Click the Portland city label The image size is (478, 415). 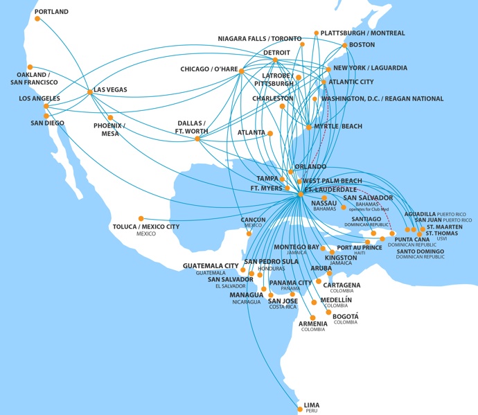coord(51,12)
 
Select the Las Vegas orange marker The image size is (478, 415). coord(89,91)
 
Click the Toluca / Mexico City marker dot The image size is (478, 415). coord(141,218)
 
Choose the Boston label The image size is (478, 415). coord(362,45)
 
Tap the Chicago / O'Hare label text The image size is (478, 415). coord(209,69)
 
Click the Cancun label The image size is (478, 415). coord(253,220)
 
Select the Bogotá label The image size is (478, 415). coord(345,315)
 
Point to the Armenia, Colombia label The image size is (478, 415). coord(312,324)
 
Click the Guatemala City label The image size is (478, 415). coord(211,265)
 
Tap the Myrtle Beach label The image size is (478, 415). coord(337,126)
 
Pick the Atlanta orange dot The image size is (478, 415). coord(270,133)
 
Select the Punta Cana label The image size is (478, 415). coord(411,240)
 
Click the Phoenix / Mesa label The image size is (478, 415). coord(108,129)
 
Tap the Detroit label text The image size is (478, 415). coord(276,53)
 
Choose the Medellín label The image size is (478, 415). coord(335,300)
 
